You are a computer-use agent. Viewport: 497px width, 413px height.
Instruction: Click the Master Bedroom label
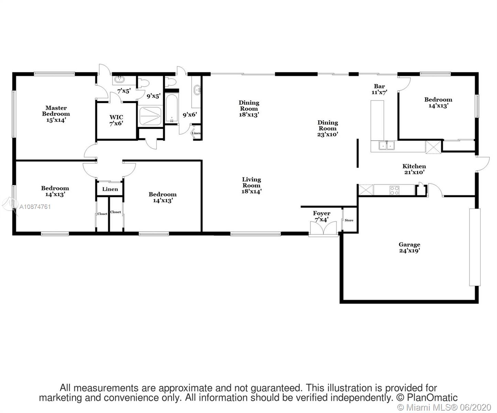coord(56,114)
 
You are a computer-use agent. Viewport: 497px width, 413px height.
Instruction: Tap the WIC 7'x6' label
coord(116,120)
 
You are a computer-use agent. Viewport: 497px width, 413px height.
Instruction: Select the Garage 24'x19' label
coord(409,247)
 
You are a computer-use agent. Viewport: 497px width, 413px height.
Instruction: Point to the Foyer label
coord(322,213)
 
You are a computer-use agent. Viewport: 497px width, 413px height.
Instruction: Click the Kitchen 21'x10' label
coord(414,169)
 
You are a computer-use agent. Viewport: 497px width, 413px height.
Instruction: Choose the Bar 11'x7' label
coord(379,89)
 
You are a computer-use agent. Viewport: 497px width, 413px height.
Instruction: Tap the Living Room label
coord(251,182)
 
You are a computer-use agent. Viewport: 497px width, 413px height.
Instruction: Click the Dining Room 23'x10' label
coord(328,128)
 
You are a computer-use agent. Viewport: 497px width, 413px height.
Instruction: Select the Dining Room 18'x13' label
coord(249,109)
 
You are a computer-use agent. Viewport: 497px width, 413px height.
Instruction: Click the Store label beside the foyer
coord(349,220)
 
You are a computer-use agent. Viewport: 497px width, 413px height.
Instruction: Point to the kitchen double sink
coord(387,145)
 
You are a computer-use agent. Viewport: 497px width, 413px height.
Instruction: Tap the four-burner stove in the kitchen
coord(394,190)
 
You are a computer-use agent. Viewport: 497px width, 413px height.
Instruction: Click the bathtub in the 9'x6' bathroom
coord(171,109)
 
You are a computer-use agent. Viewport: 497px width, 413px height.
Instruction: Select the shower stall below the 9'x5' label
coord(150,116)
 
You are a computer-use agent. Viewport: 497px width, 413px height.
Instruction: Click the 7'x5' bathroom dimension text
coord(124,91)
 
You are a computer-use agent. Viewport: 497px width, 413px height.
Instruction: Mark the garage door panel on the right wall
coord(475,247)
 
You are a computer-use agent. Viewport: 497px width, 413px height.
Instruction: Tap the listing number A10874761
coord(35,207)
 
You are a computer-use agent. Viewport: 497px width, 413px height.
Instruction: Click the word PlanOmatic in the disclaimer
coord(432,398)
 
